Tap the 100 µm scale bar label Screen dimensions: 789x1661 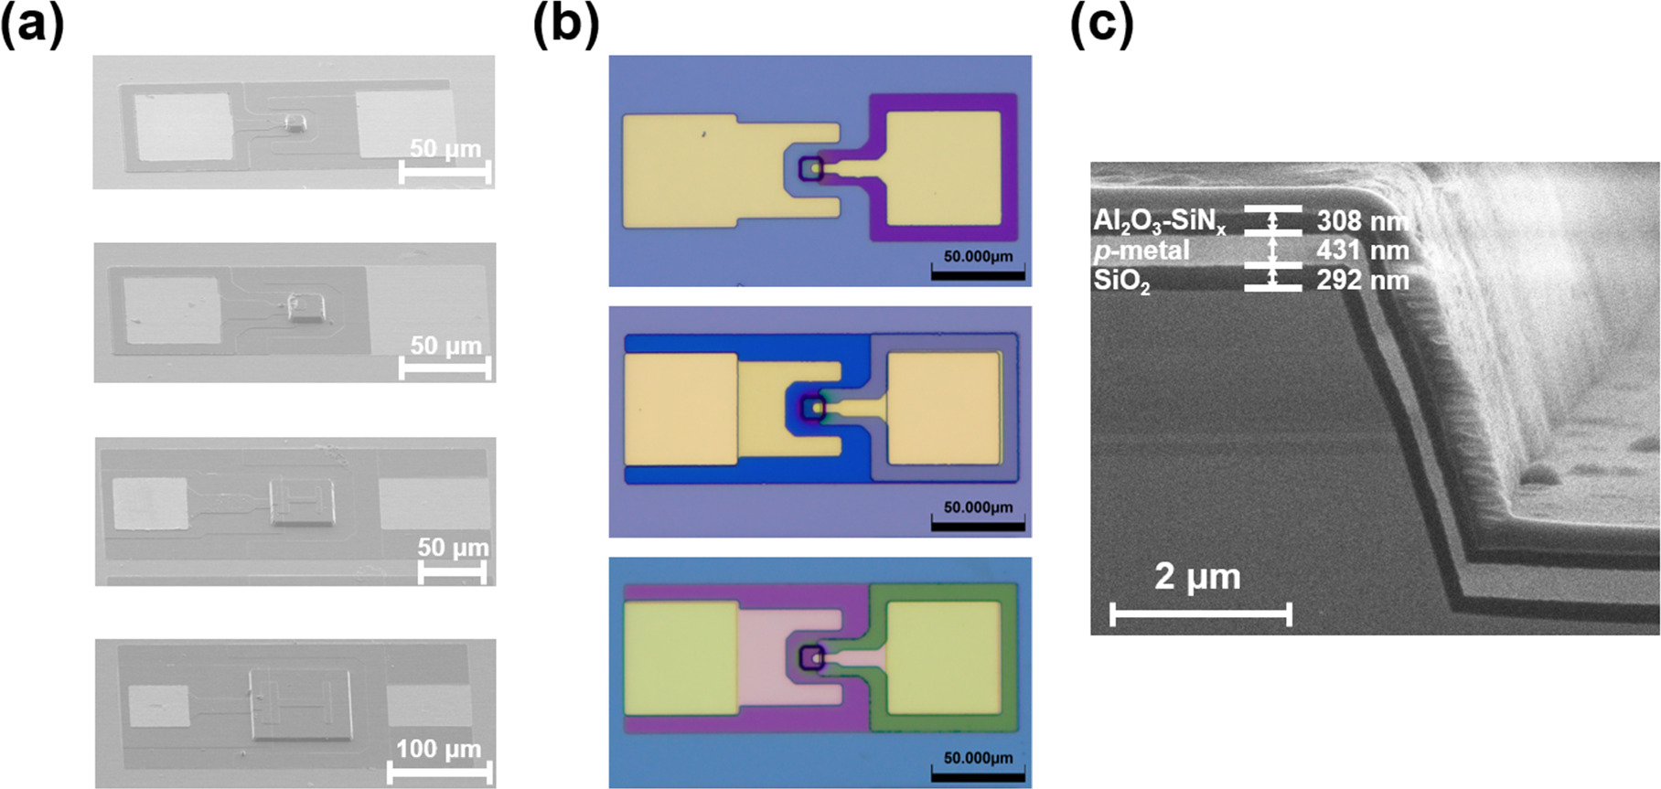pos(438,749)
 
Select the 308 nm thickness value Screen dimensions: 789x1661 pos(1362,220)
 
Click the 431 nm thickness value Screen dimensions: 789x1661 pos(1362,250)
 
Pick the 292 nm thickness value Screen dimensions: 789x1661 pos(1362,280)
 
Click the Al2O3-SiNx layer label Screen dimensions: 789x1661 pos(1159,221)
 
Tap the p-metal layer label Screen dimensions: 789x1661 pos(1141,250)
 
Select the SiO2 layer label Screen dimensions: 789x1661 pos(1121,281)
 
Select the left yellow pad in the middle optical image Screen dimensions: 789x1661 pos(680,408)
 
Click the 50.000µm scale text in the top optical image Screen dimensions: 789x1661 pos(978,257)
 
